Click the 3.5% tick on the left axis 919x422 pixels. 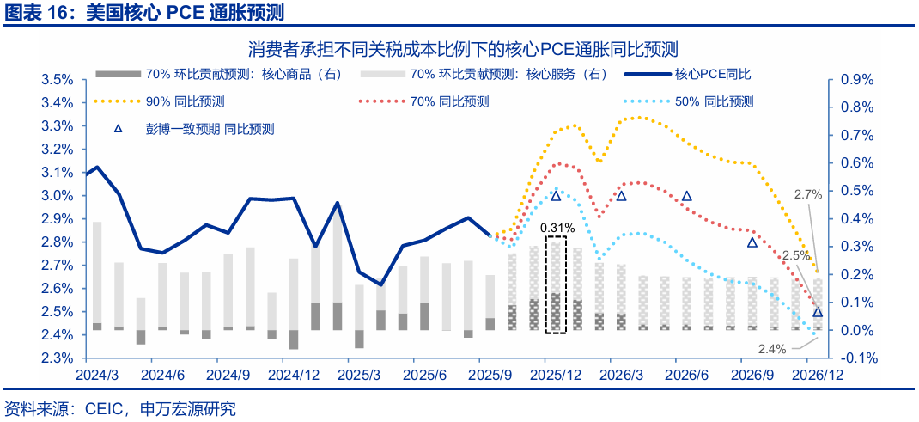(57, 80)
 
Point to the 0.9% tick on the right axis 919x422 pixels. (856, 80)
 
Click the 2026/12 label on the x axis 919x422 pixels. (816, 376)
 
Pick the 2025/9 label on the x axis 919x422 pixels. (490, 376)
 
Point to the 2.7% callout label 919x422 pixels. (808, 195)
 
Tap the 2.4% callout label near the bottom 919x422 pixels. (773, 348)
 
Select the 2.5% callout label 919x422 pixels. (796, 255)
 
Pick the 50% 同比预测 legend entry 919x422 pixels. (714, 101)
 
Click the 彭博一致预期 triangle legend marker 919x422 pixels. (119, 130)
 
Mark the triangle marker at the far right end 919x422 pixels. (818, 313)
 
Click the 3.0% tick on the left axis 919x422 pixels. (57, 195)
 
